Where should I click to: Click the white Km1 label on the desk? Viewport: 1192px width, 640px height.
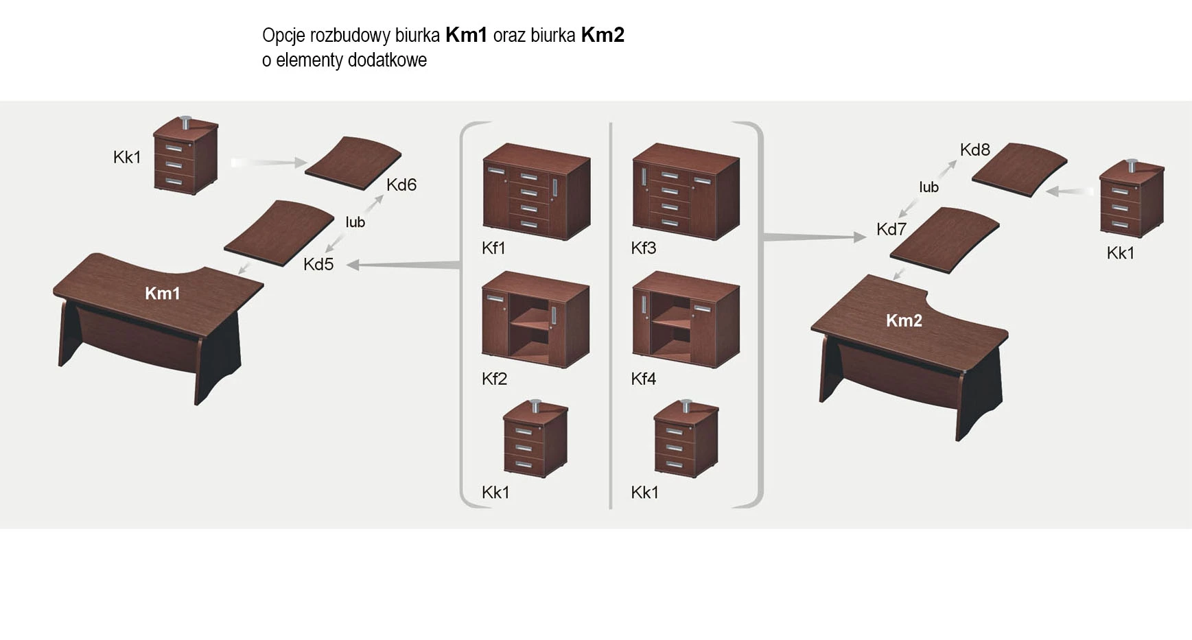pyautogui.click(x=162, y=294)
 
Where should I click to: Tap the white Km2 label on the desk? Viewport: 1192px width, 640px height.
pyautogui.click(x=903, y=320)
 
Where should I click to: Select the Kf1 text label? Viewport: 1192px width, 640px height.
pyautogui.click(x=493, y=248)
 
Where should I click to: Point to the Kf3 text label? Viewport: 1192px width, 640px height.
pyautogui.click(x=643, y=248)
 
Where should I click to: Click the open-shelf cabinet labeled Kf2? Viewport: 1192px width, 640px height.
pyautogui.click(x=535, y=319)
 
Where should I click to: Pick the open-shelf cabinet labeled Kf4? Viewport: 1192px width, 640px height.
pyautogui.click(x=685, y=319)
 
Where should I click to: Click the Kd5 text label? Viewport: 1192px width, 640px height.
pyautogui.click(x=318, y=265)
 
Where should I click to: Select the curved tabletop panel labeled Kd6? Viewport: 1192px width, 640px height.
pyautogui.click(x=353, y=165)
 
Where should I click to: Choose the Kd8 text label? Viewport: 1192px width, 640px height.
pyautogui.click(x=974, y=150)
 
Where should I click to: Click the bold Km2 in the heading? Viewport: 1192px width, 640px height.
pyautogui.click(x=603, y=35)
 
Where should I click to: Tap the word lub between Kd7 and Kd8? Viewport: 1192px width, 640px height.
pyautogui.click(x=928, y=187)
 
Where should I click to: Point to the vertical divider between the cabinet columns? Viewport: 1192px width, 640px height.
pyautogui.click(x=610, y=316)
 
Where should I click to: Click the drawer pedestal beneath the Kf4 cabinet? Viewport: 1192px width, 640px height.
pyautogui.click(x=686, y=439)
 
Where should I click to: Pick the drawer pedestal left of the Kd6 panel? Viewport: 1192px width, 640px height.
pyautogui.click(x=185, y=156)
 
